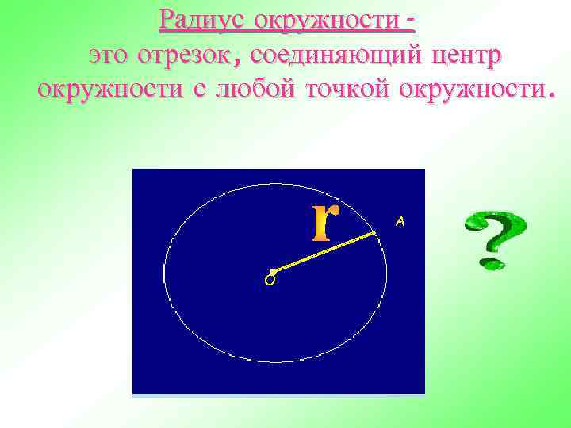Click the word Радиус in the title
(x=199, y=18)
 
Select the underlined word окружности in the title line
(x=321, y=18)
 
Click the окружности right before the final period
(x=467, y=89)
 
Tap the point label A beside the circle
(x=400, y=223)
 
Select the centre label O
(x=270, y=281)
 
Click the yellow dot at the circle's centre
(x=273, y=272)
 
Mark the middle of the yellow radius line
(x=324, y=252)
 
